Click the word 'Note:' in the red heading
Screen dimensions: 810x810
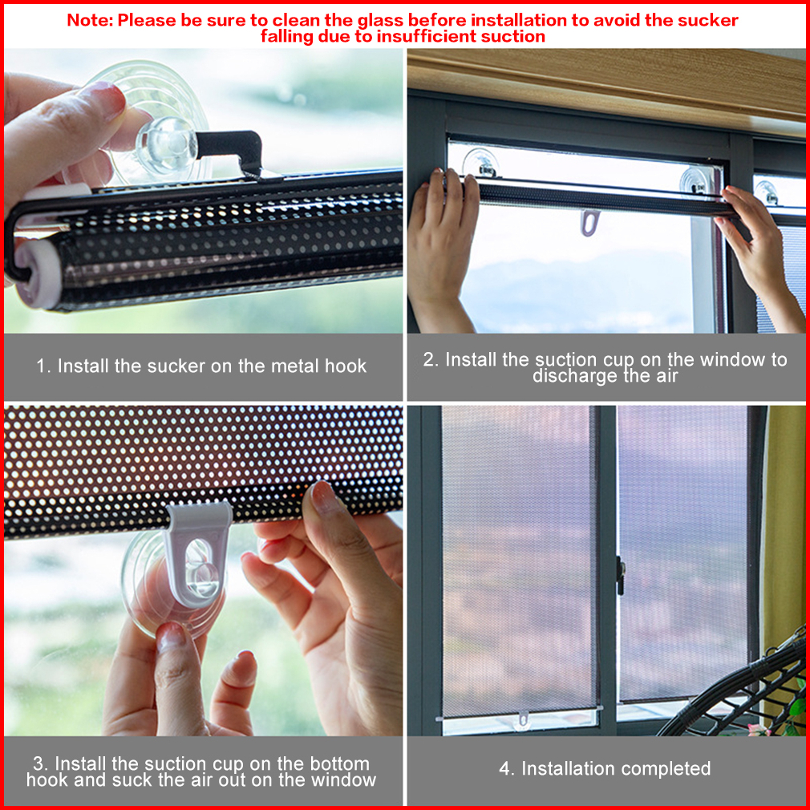89,20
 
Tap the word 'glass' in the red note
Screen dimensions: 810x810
379,21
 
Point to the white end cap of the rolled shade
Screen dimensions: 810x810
36,273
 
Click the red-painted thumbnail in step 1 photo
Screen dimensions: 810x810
106,98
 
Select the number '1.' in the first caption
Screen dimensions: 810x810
43,366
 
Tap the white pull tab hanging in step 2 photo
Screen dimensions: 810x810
589,221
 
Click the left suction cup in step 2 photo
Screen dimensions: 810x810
481,163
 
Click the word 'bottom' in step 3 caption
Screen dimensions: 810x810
340,763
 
